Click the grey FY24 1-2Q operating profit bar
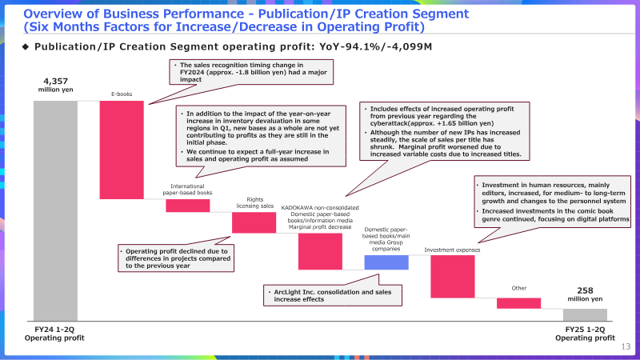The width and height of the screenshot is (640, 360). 55,211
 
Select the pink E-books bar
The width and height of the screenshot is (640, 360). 122,150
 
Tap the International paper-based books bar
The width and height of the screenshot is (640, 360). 188,206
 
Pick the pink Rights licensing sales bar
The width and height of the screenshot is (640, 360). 254,222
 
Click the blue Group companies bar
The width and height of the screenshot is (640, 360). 386,262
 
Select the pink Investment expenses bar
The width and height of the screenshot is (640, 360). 453,276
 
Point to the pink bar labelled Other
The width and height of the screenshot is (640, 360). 518,303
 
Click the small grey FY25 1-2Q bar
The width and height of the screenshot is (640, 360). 585,314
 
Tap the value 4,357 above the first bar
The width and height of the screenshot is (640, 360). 55,82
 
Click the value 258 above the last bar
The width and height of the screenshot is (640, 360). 585,290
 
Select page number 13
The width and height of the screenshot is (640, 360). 626,346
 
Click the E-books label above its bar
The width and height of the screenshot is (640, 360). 122,94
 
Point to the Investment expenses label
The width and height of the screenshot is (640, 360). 452,250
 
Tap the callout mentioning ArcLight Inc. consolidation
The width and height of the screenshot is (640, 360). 332,295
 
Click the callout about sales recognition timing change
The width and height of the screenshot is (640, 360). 251,72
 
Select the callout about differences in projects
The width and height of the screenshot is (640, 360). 176,258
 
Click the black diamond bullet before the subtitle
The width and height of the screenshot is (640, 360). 26,47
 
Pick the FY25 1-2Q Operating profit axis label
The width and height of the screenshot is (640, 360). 585,334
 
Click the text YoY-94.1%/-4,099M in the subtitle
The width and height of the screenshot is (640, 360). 375,47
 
